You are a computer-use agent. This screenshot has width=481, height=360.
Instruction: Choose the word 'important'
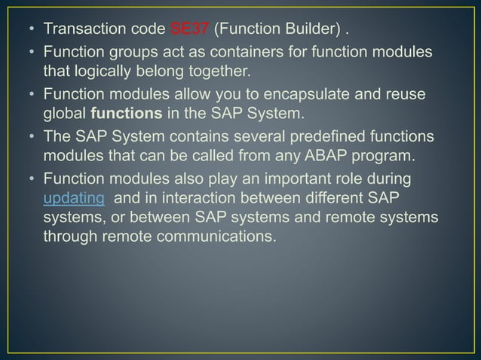(x=290, y=178)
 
